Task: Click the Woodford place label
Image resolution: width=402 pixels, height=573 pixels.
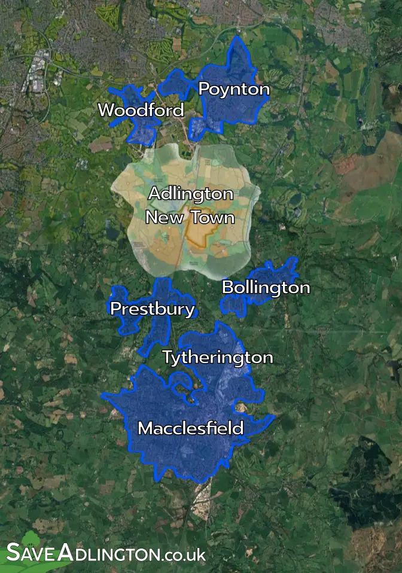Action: [x=141, y=111]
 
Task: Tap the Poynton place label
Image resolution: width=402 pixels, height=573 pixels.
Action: [x=234, y=89]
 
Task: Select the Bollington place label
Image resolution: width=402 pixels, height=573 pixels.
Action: [x=266, y=288]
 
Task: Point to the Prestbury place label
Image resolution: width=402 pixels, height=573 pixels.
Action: [x=153, y=309]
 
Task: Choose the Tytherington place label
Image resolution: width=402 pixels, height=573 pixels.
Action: [x=218, y=358]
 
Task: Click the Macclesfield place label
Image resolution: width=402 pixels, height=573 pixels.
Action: [x=190, y=428]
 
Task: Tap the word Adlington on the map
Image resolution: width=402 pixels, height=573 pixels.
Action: [x=190, y=194]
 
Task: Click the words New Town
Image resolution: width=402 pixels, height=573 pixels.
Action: [x=190, y=217]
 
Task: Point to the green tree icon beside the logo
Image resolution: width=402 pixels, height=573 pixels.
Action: [x=30, y=538]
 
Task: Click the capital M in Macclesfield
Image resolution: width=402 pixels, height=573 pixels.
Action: [x=145, y=428]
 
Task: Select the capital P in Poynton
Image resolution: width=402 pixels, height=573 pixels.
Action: [x=203, y=89]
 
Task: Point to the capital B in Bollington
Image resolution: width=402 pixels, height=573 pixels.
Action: [x=227, y=288]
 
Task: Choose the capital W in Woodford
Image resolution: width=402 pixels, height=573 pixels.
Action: [x=105, y=111]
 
